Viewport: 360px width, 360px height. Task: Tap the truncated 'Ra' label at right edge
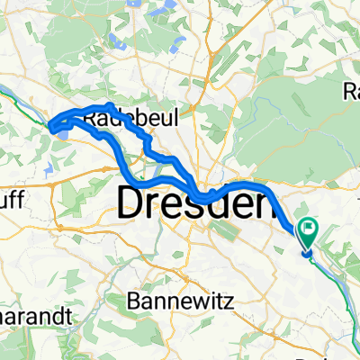[x=351, y=90]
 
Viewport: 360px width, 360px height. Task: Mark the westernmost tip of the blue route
[x=50, y=124]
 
